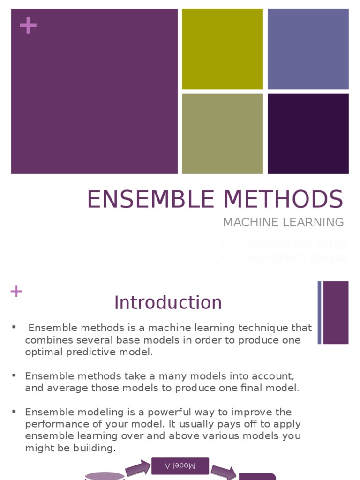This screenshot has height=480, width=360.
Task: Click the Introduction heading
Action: [x=168, y=303]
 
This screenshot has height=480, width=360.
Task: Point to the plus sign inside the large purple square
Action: [x=28, y=26]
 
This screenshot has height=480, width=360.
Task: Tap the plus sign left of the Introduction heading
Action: [x=16, y=292]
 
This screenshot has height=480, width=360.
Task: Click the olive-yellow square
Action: [x=223, y=49]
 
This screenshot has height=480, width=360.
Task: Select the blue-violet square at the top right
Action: [x=308, y=49]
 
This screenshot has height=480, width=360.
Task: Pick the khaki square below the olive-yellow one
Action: [x=223, y=134]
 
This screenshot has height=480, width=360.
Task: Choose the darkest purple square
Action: [x=308, y=134]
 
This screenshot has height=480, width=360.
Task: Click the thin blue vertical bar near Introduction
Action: [x=320, y=312]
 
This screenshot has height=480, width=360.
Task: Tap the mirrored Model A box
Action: [x=180, y=465]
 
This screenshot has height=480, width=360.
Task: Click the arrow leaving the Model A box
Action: [x=223, y=472]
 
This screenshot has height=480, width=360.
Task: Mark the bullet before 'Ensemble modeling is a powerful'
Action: [x=14, y=411]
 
